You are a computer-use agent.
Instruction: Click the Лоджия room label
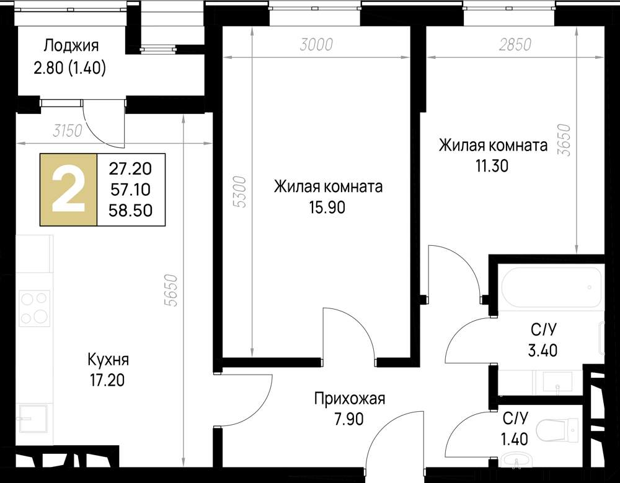[x=71, y=46]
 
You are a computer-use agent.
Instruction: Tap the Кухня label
[x=108, y=360]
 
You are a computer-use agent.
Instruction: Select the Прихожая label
[x=350, y=399]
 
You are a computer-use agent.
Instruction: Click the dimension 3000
[x=316, y=45]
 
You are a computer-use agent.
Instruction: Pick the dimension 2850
[x=515, y=45]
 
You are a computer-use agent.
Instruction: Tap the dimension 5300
[x=240, y=193]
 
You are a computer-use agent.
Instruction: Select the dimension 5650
[x=172, y=290]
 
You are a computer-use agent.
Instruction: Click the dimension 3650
[x=566, y=140]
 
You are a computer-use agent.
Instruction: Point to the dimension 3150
[x=68, y=130]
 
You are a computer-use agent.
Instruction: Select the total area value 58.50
[x=130, y=211]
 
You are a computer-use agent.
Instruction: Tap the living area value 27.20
[x=130, y=169]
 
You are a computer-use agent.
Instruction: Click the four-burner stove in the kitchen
[x=35, y=308]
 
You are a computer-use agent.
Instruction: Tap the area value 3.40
[x=542, y=350]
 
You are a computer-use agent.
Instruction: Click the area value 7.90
[x=348, y=419]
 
